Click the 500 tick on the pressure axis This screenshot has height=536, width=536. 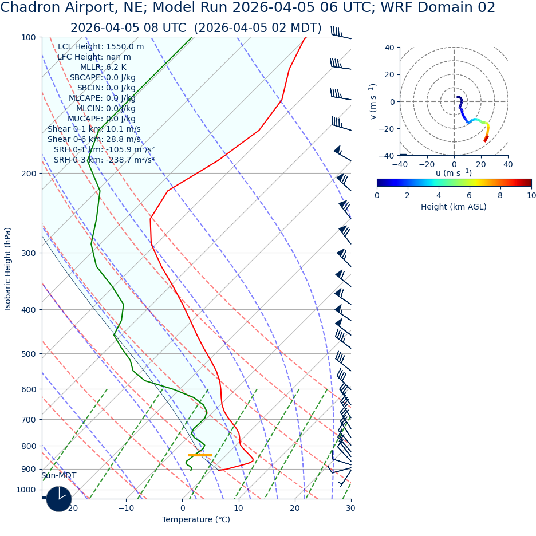tap(29, 354)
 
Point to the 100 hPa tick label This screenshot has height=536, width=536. tap(29, 37)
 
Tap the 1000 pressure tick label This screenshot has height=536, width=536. tap(26, 490)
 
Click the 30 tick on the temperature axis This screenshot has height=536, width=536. tap(350, 508)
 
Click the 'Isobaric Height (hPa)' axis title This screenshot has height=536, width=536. tap(8, 269)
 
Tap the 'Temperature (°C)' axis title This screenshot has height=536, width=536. tap(196, 520)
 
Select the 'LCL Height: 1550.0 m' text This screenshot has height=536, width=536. tap(101, 46)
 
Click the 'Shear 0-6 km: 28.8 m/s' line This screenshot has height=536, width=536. tap(94, 139)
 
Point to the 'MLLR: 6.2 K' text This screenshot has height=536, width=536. tap(103, 67)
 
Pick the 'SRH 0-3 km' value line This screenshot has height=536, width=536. tap(104, 160)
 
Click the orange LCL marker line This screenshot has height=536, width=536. tap(200, 455)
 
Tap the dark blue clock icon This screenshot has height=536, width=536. tap(59, 499)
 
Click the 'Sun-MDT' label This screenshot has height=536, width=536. tap(58, 476)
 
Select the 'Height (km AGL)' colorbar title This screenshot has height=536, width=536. tap(454, 207)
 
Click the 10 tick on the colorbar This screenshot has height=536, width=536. tap(531, 195)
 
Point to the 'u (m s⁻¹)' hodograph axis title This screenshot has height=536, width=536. tap(454, 173)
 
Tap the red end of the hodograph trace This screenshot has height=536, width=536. tap(486, 139)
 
